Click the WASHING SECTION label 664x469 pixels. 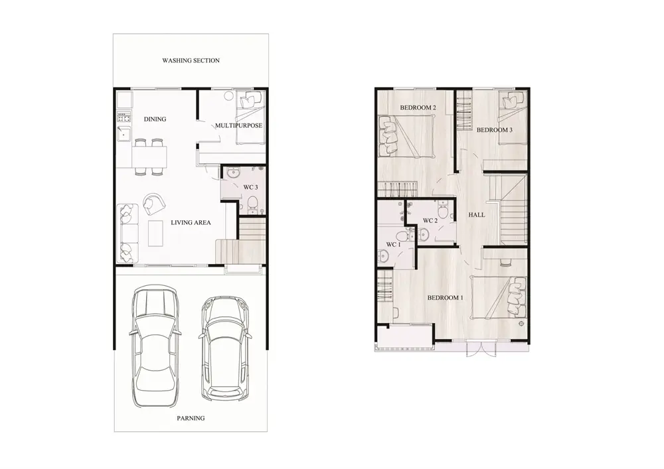pyautogui.click(x=191, y=60)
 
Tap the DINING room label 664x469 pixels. pyautogui.click(x=155, y=119)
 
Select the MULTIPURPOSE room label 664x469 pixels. pyautogui.click(x=238, y=125)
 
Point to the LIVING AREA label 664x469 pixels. pyautogui.click(x=191, y=222)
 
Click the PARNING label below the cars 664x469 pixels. pyautogui.click(x=191, y=418)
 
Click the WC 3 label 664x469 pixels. pyautogui.click(x=250, y=187)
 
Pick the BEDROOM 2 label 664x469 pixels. pyautogui.click(x=418, y=108)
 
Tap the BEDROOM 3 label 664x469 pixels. pyautogui.click(x=494, y=130)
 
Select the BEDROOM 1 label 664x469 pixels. pyautogui.click(x=445, y=298)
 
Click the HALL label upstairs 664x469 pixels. pyautogui.click(x=476, y=215)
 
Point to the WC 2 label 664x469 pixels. pyautogui.click(x=430, y=221)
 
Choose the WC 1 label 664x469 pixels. pyautogui.click(x=393, y=244)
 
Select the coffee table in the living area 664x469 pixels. pyautogui.click(x=156, y=233)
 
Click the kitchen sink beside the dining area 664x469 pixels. pyautogui.click(x=125, y=134)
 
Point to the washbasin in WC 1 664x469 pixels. pyautogui.click(x=383, y=256)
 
